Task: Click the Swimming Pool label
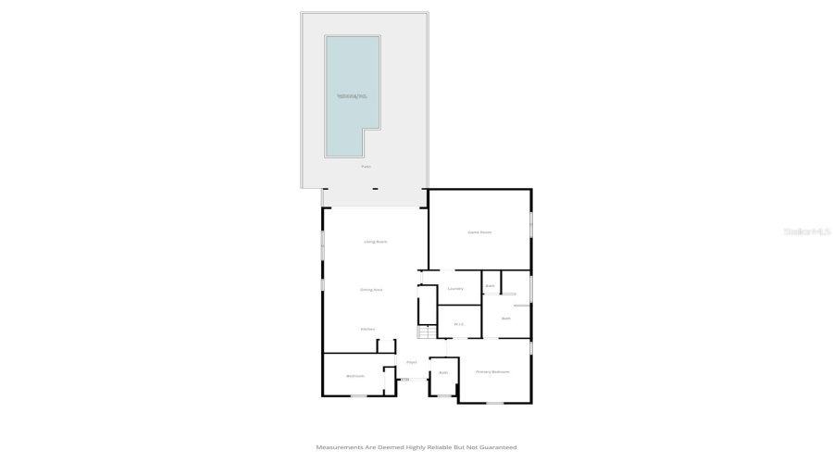pyautogui.click(x=352, y=96)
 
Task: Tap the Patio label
pyautogui.click(x=366, y=167)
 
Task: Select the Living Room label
pyautogui.click(x=375, y=242)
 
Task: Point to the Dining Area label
pyautogui.click(x=371, y=290)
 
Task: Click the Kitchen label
pyautogui.click(x=367, y=329)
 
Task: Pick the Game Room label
pyautogui.click(x=479, y=231)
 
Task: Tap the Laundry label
pyautogui.click(x=455, y=289)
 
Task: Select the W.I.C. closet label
pyautogui.click(x=457, y=324)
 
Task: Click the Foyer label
pyautogui.click(x=412, y=362)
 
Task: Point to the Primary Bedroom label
pyautogui.click(x=492, y=371)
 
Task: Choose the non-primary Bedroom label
pyautogui.click(x=355, y=376)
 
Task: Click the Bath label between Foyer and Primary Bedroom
pyautogui.click(x=443, y=372)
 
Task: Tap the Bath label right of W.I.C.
pyautogui.click(x=506, y=319)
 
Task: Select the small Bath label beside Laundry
pyautogui.click(x=490, y=286)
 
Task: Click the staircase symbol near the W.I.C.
pyautogui.click(x=426, y=332)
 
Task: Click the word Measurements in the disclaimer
pyautogui.click(x=339, y=447)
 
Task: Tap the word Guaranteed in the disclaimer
pyautogui.click(x=497, y=447)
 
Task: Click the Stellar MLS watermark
pyautogui.click(x=806, y=231)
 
